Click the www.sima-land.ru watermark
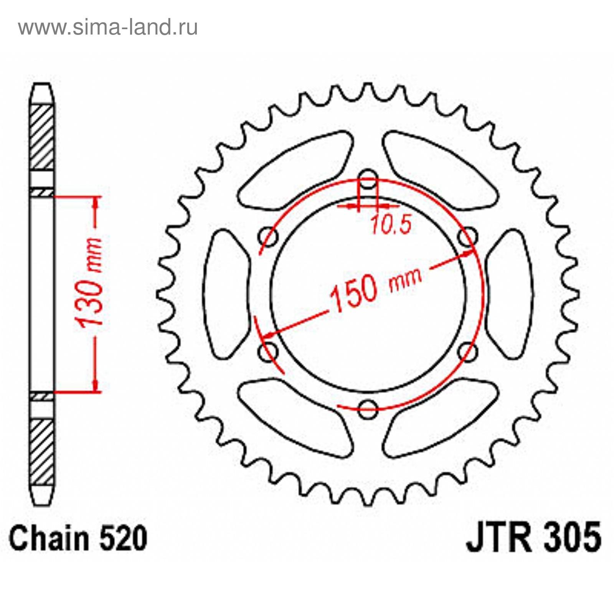(108, 27)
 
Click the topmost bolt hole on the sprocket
(368, 180)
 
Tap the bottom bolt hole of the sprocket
(368, 408)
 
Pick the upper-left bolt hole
(269, 237)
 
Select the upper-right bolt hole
(468, 237)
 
